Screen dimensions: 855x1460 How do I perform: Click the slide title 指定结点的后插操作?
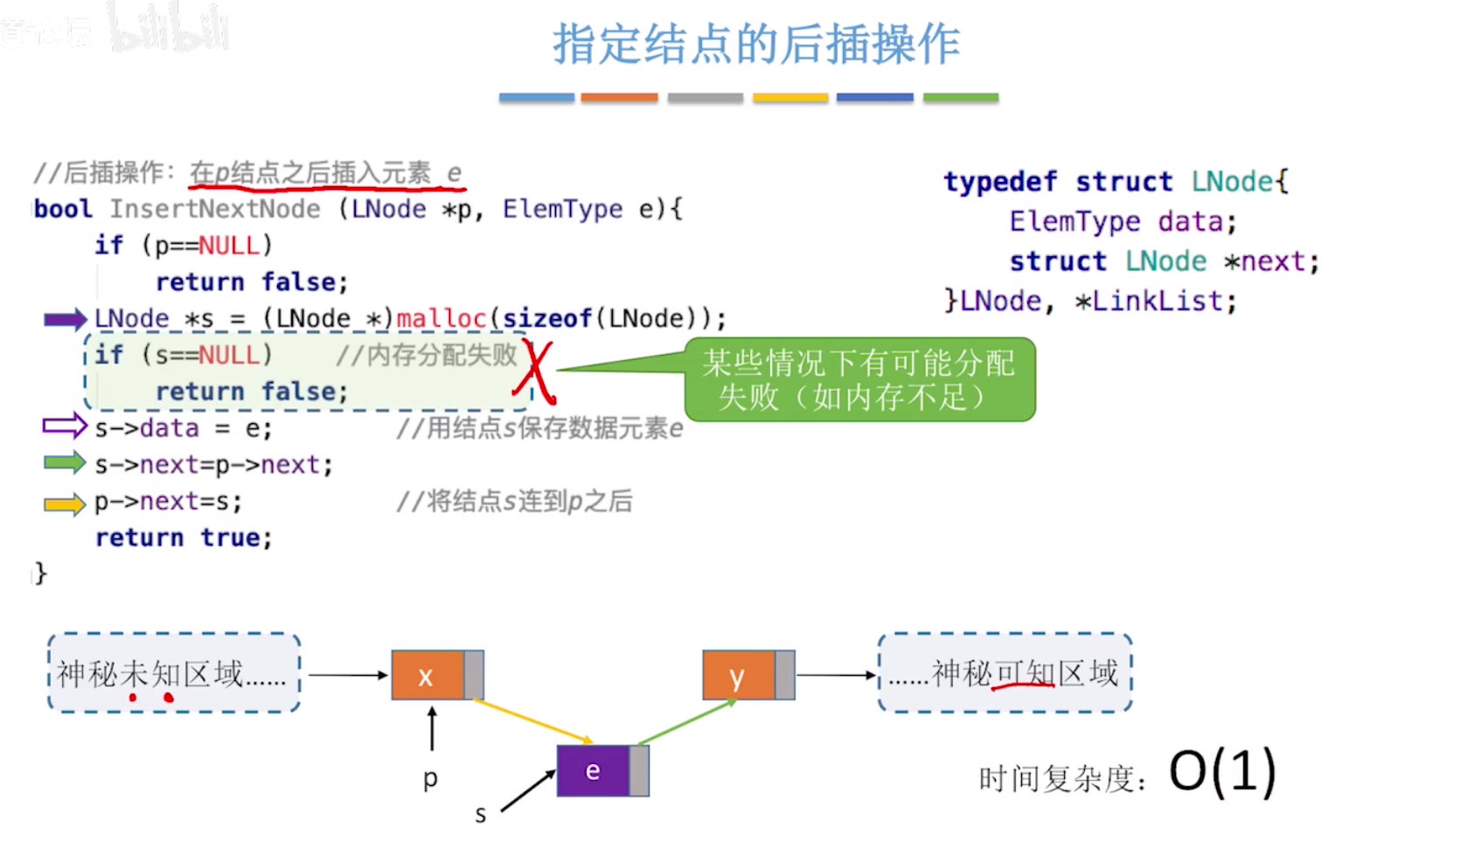pyautogui.click(x=756, y=44)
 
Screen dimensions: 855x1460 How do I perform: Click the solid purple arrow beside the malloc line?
pyautogui.click(x=65, y=319)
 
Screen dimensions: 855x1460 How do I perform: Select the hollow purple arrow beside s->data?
pyautogui.click(x=65, y=427)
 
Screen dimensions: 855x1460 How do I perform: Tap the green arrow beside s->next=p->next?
pyautogui.click(x=65, y=462)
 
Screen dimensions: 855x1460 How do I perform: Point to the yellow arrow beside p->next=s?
pyautogui.click(x=65, y=504)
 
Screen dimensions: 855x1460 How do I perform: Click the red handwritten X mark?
pyautogui.click(x=535, y=373)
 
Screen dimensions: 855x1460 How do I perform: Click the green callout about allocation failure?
pyautogui.click(x=859, y=379)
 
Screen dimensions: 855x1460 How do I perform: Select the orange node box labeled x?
pyautogui.click(x=428, y=675)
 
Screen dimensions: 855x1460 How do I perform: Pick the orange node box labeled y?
pyautogui.click(x=739, y=675)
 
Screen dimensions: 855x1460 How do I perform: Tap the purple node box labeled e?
pyautogui.click(x=594, y=771)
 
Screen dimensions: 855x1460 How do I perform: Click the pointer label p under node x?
pyautogui.click(x=430, y=778)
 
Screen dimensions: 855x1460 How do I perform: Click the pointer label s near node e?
pyautogui.click(x=480, y=816)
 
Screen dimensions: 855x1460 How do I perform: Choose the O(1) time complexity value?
pyautogui.click(x=1222, y=772)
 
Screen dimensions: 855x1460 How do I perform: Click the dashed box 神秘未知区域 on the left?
pyautogui.click(x=174, y=673)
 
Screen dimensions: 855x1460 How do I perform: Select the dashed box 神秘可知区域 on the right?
pyautogui.click(x=1005, y=673)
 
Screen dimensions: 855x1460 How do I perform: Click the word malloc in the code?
pyautogui.click(x=441, y=318)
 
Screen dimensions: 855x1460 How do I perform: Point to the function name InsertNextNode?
pyautogui.click(x=215, y=209)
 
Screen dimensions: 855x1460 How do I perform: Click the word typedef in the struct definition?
pyautogui.click(x=1000, y=182)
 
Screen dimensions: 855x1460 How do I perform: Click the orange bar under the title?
pyautogui.click(x=619, y=98)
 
